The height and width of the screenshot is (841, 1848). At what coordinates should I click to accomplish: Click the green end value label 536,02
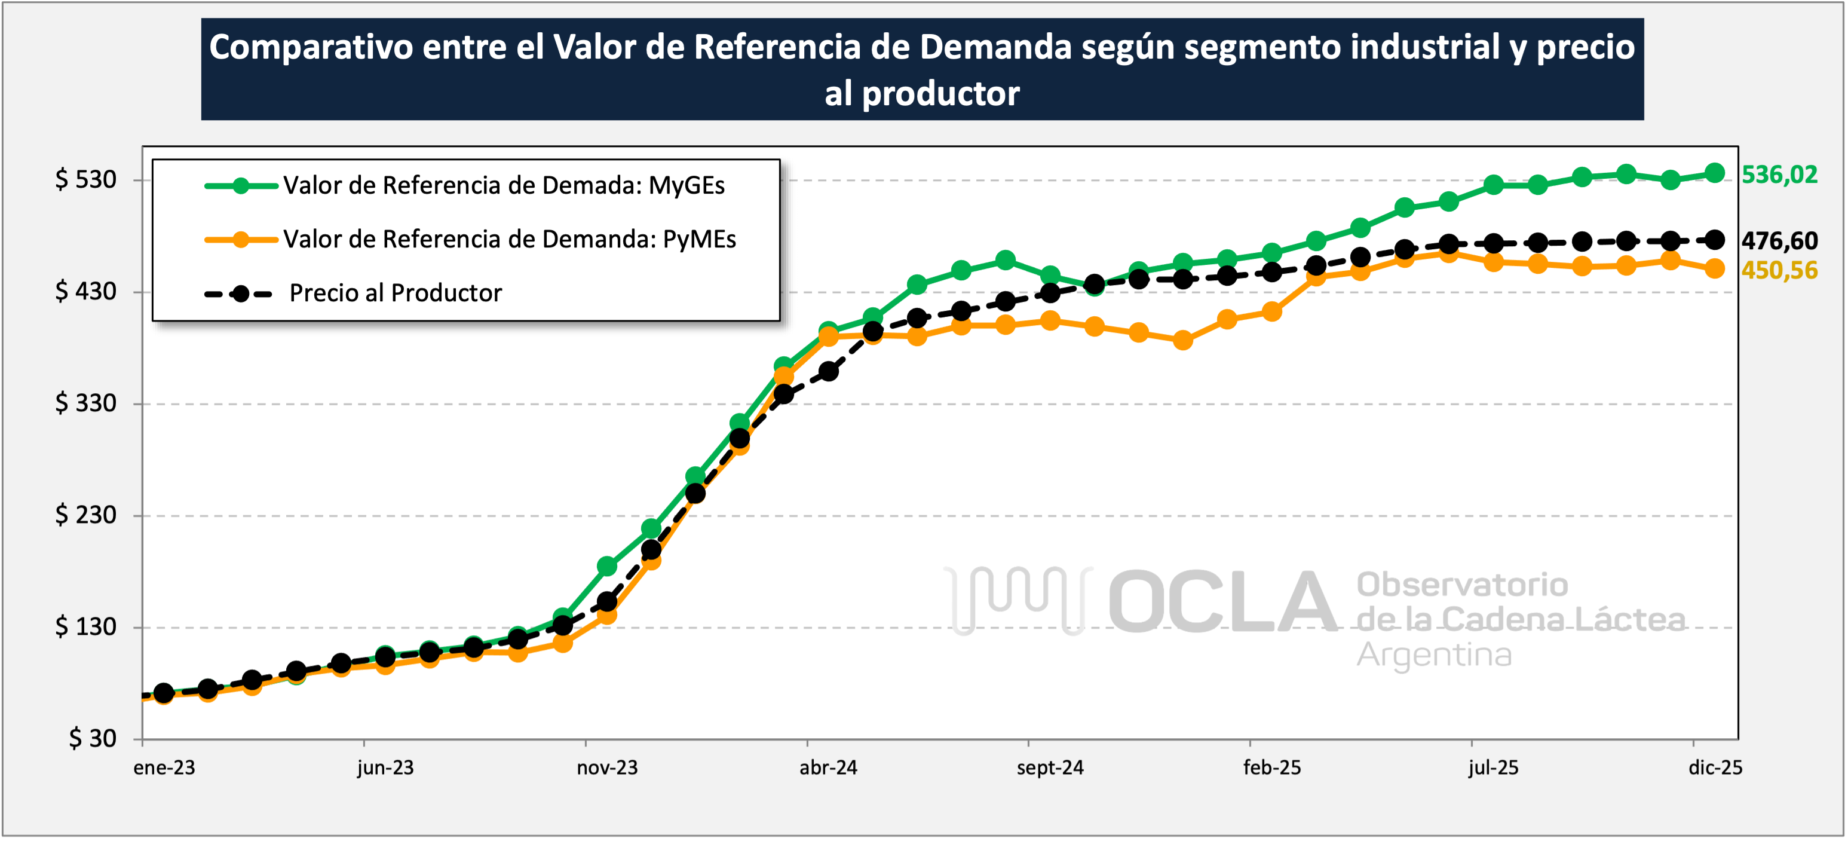pyautogui.click(x=1779, y=175)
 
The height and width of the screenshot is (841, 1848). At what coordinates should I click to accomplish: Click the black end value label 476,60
pyautogui.click(x=1779, y=241)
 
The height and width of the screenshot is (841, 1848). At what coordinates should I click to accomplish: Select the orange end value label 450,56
pyautogui.click(x=1779, y=271)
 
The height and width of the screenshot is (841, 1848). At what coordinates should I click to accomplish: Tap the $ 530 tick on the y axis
pyautogui.click(x=85, y=179)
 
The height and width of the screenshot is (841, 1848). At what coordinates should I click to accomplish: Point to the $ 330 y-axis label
pyautogui.click(x=85, y=403)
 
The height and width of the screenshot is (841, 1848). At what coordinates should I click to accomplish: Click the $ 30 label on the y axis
pyautogui.click(x=92, y=738)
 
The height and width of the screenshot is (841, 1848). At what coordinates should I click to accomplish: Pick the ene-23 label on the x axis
pyautogui.click(x=164, y=768)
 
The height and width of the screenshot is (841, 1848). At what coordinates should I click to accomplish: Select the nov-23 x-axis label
pyautogui.click(x=607, y=768)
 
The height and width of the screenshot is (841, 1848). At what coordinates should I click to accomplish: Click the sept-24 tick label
pyautogui.click(x=1050, y=768)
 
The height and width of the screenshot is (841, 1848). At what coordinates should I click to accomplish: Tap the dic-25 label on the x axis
pyautogui.click(x=1715, y=768)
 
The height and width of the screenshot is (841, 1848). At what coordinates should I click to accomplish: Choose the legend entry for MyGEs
pyautogui.click(x=504, y=186)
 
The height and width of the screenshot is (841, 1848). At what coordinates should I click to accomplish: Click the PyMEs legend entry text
pyautogui.click(x=509, y=240)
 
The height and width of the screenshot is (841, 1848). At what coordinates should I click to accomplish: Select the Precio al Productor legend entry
pyautogui.click(x=396, y=293)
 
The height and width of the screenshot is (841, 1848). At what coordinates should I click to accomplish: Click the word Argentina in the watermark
pyautogui.click(x=1433, y=655)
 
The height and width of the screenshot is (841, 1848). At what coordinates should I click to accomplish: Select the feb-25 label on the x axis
pyautogui.click(x=1271, y=768)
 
